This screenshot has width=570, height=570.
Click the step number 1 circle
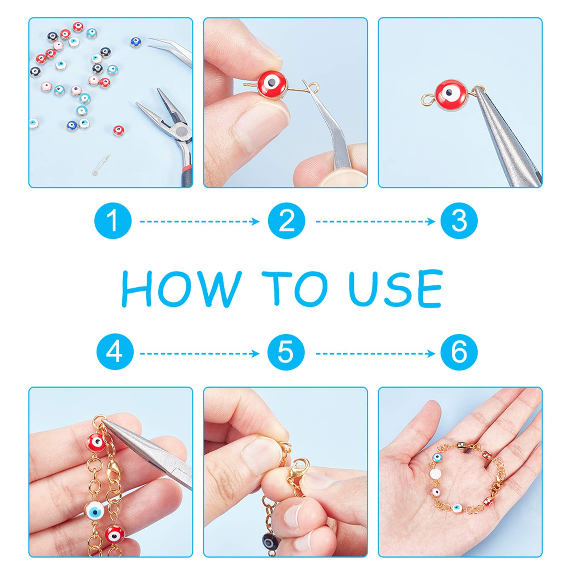[113, 221]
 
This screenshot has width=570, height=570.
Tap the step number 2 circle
[286, 221]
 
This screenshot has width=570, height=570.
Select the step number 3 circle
[459, 221]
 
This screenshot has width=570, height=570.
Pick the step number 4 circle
[115, 352]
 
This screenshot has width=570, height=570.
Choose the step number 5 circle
[286, 352]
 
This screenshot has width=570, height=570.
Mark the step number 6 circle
[459, 352]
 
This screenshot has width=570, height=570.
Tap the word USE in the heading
[395, 288]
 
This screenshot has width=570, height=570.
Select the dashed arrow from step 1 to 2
[199, 221]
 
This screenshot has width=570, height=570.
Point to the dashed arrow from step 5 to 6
[375, 353]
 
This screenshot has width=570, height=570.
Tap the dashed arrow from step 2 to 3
[375, 221]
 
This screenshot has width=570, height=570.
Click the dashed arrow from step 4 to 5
[199, 353]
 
